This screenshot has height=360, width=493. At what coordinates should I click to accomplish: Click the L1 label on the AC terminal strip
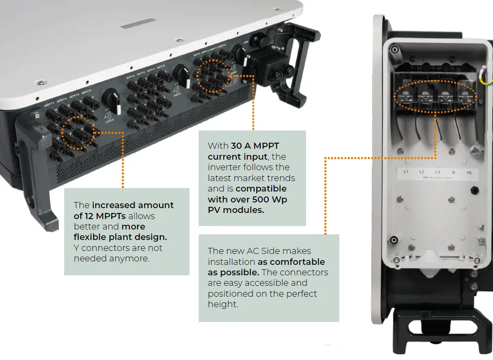click(406, 172)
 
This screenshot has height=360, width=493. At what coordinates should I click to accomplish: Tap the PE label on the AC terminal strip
click(469, 173)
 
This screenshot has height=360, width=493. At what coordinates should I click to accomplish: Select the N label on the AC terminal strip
click(454, 172)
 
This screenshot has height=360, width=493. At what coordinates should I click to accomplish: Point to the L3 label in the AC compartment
click(438, 172)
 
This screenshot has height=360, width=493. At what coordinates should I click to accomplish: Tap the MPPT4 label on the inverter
click(86, 92)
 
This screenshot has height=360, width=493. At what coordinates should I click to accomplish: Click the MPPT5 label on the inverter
click(131, 77)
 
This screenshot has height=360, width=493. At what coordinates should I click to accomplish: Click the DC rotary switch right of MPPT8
click(179, 72)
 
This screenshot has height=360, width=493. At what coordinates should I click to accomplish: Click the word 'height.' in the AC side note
click(223, 304)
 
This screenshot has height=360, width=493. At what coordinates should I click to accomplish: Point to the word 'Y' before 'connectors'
click(76, 248)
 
